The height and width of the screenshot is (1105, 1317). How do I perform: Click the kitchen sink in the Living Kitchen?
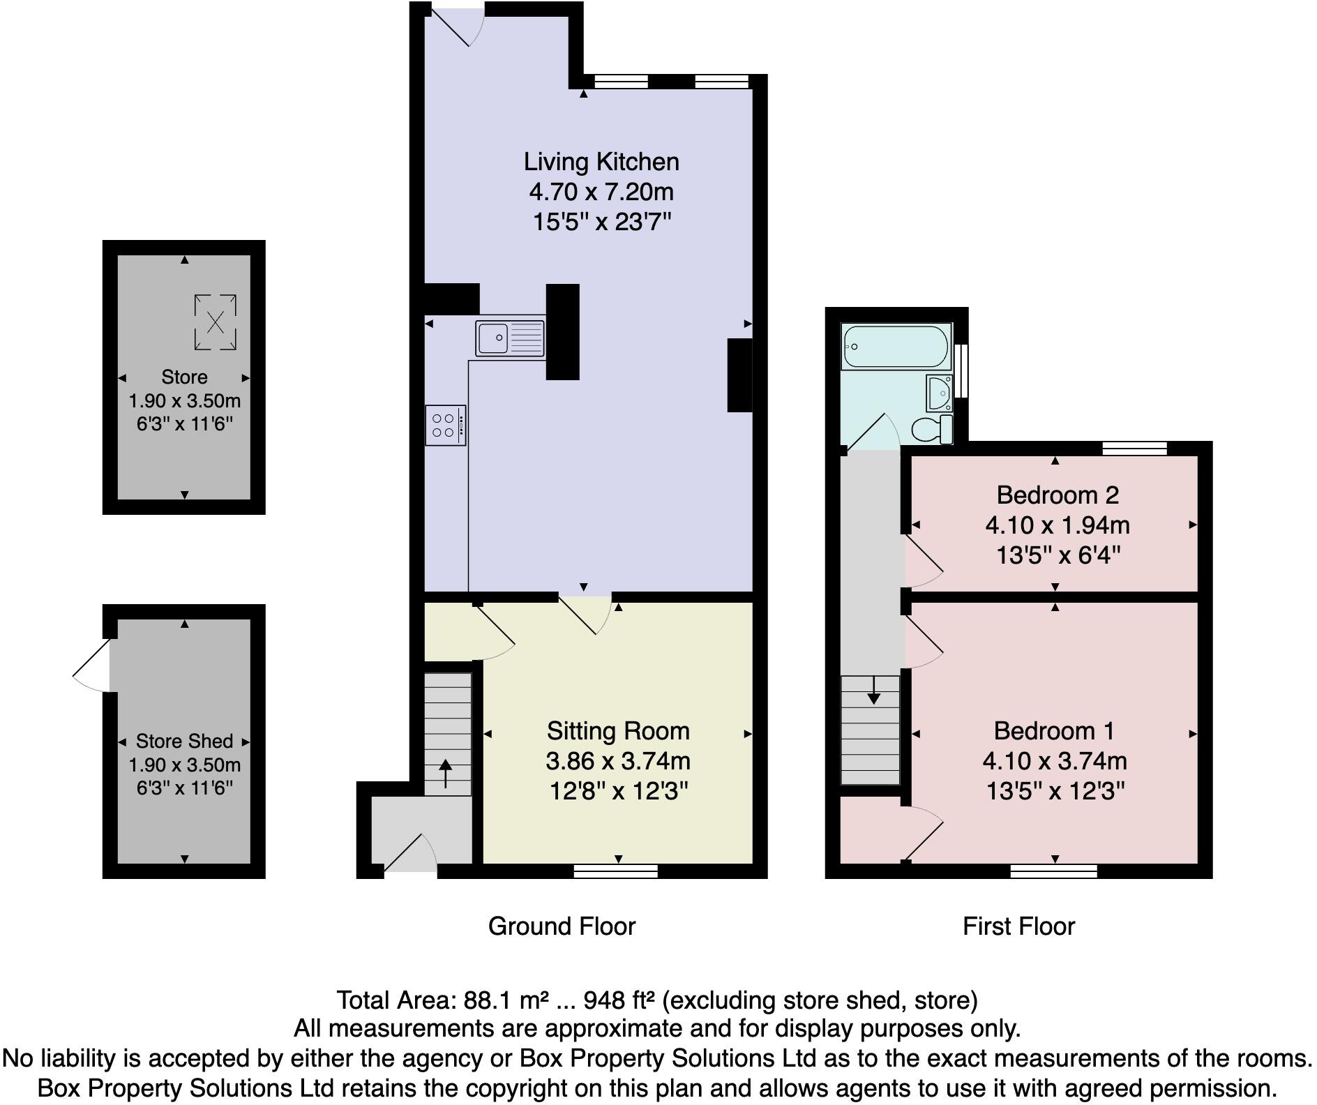coord(510,339)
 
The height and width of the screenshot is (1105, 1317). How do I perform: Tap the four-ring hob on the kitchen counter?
coord(445,426)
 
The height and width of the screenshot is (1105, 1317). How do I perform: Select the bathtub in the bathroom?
coord(896,346)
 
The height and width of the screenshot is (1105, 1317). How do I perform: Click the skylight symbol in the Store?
coord(215,322)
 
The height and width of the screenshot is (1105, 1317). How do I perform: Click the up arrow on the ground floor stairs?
coord(445,774)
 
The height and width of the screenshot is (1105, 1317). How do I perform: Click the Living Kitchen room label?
coord(601,162)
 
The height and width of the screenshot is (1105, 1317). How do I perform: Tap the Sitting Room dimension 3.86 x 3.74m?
coord(618,761)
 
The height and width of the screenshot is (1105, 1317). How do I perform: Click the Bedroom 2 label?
coord(1057,495)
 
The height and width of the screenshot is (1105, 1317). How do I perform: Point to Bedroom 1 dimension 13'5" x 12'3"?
coord(1055,792)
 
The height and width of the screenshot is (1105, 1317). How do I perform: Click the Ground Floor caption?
coord(562,926)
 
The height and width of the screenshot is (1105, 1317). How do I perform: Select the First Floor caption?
coord(1018,926)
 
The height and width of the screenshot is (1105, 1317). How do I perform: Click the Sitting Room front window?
coord(615,871)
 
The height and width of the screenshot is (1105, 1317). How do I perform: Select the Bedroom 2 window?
coord(1134,448)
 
